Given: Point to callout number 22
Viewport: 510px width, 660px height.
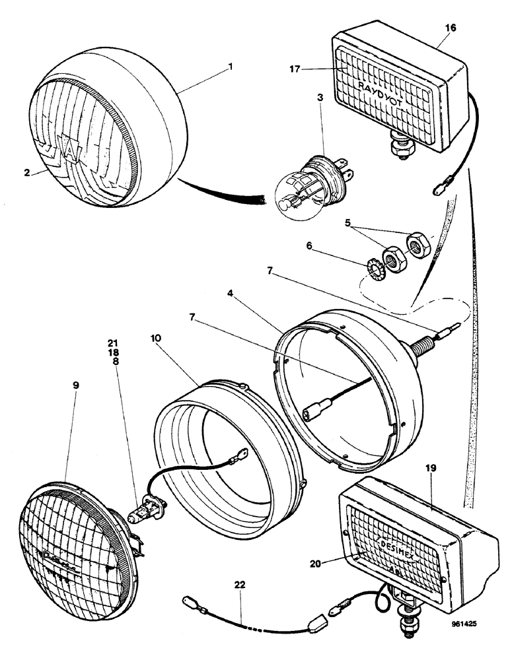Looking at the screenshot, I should point(238,583).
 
